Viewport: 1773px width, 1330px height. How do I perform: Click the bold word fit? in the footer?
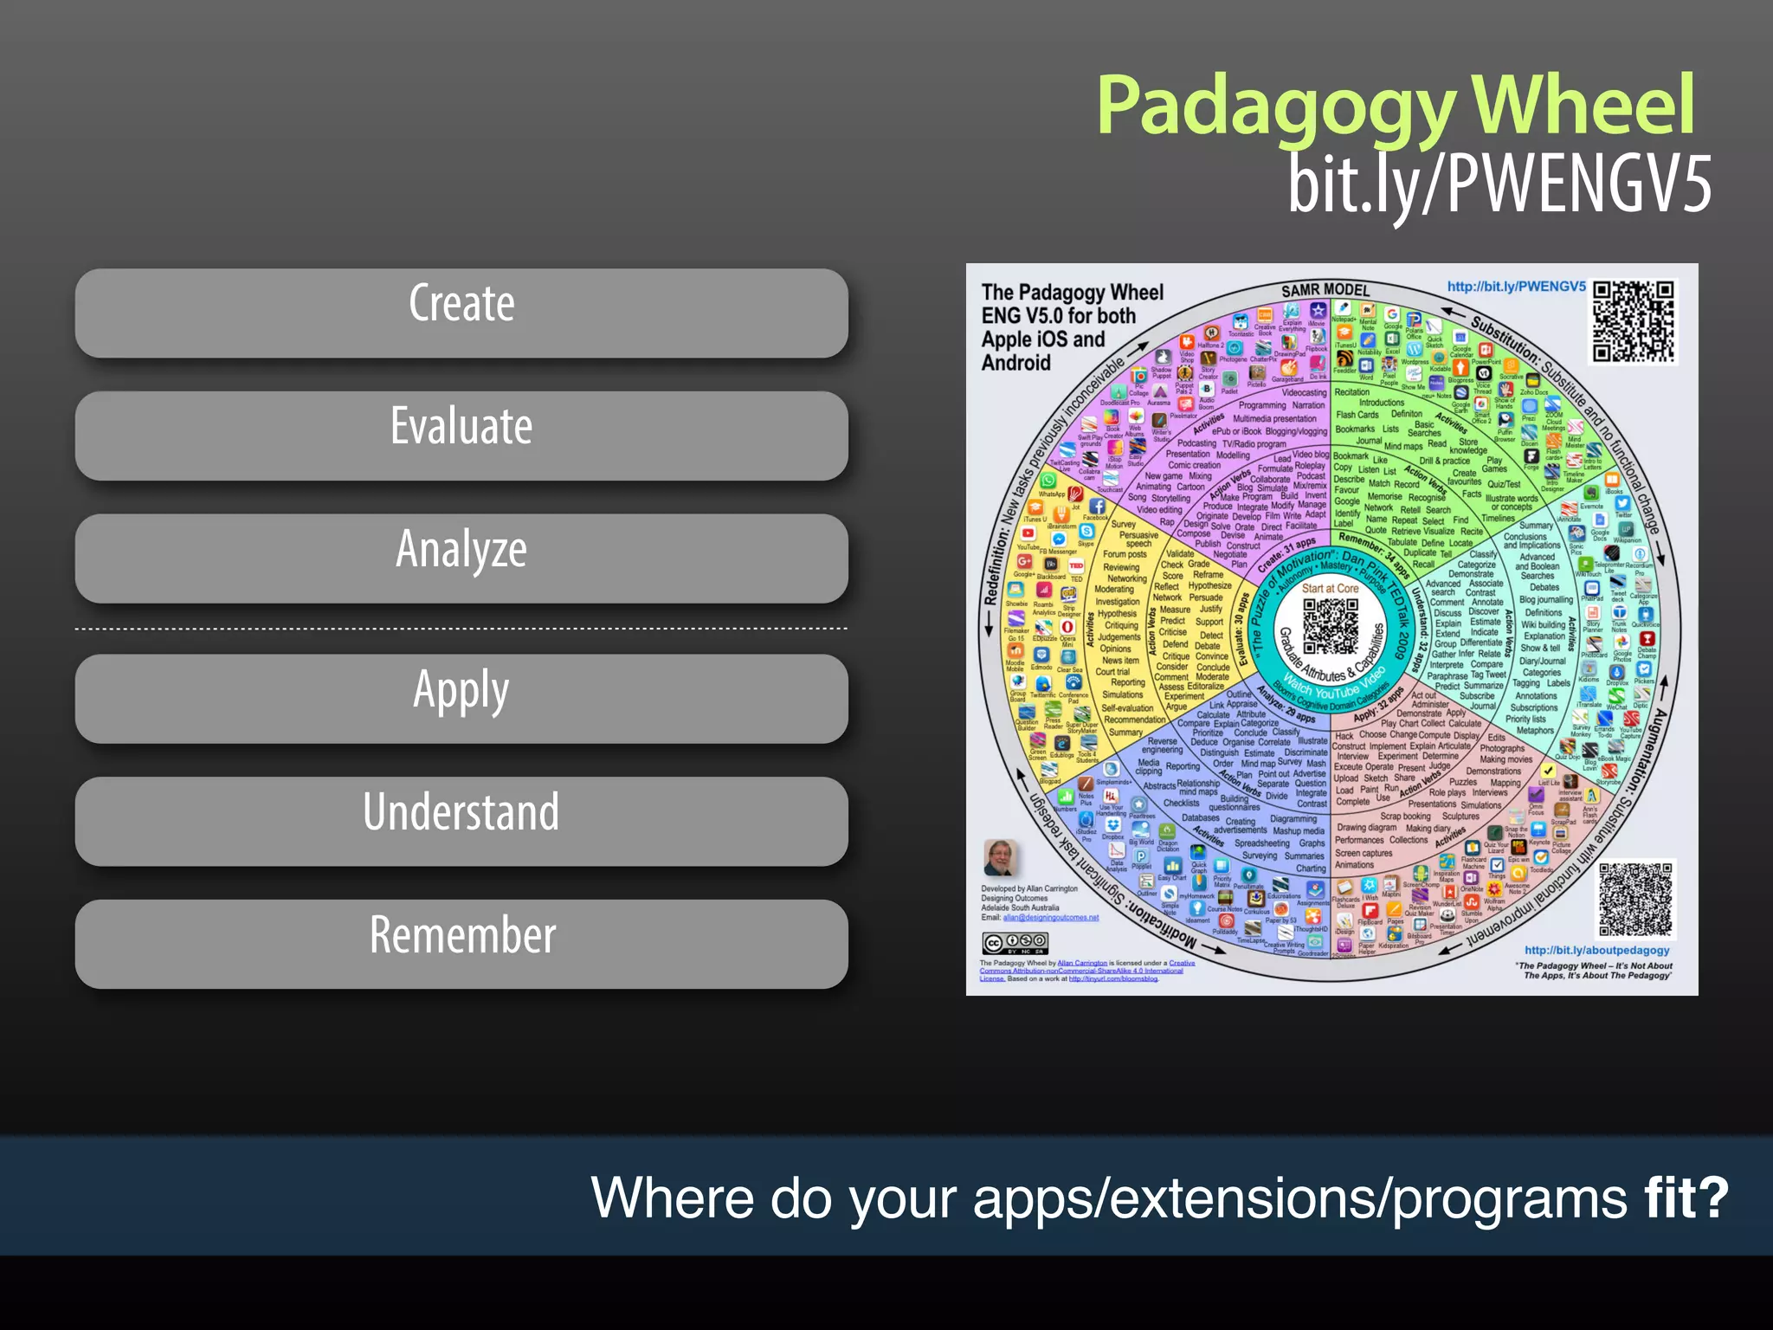coord(1686,1198)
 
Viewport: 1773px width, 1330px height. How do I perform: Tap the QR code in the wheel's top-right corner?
coord(1634,320)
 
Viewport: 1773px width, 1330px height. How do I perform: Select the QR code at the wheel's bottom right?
coord(1636,900)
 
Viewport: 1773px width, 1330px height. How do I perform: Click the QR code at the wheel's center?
coord(1331,625)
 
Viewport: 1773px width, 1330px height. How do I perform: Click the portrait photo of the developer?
coord(1000,858)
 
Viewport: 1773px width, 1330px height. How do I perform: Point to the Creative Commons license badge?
coord(1015,943)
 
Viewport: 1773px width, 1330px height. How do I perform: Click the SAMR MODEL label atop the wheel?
coord(1325,290)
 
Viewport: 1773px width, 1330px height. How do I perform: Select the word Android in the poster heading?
coord(1015,362)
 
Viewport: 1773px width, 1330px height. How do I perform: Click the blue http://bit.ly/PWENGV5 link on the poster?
coord(1516,287)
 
